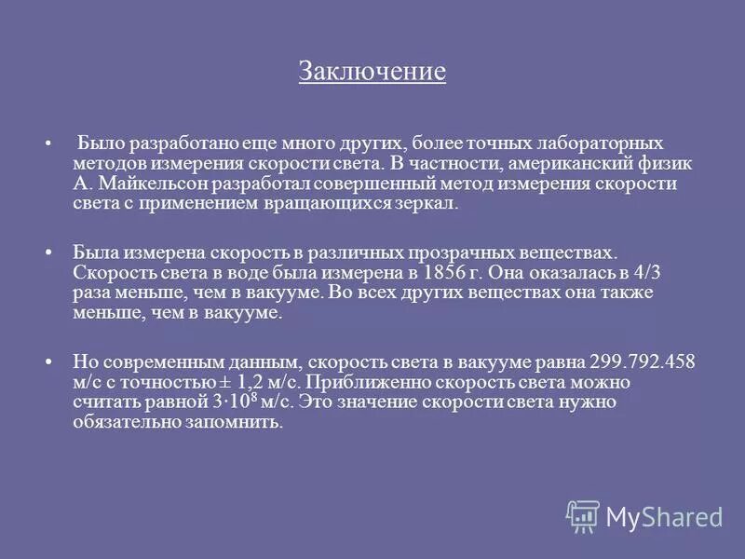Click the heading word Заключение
[x=372, y=72]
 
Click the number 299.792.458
[x=643, y=361]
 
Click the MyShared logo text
[x=664, y=516]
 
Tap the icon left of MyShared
[x=582, y=515]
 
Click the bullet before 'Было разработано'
[x=47, y=145]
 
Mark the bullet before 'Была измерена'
[x=47, y=253]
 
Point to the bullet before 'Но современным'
[x=47, y=362]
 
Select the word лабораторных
[x=598, y=143]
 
